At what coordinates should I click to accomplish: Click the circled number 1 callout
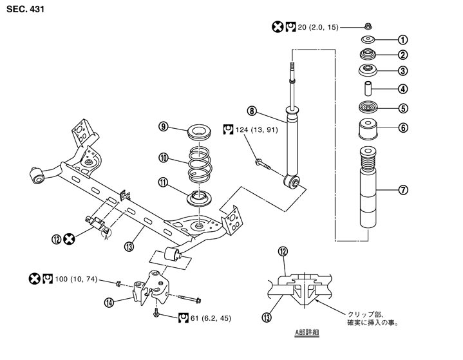(404, 39)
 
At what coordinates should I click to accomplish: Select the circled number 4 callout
(404, 89)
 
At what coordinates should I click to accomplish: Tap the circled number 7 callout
(404, 190)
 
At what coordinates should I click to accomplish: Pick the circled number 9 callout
(164, 126)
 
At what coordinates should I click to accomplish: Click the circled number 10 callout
(164, 156)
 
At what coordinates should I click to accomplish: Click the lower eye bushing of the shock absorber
(294, 182)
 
